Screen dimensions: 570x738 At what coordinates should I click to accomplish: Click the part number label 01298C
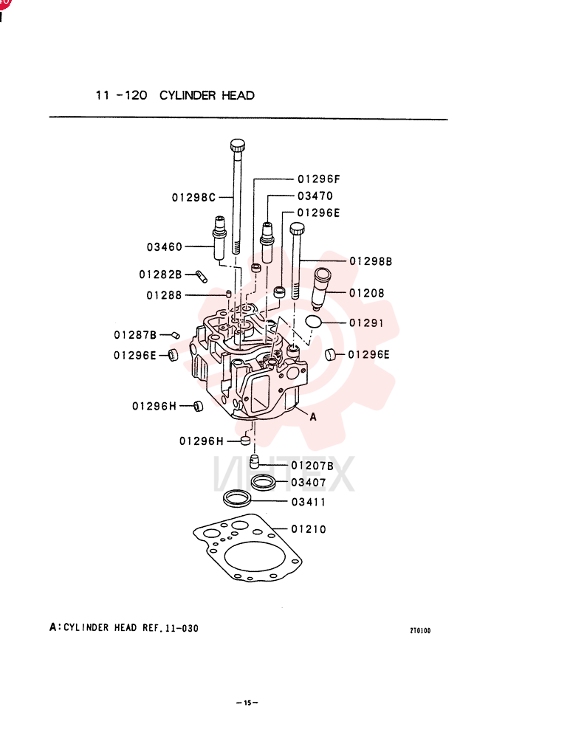[x=193, y=198]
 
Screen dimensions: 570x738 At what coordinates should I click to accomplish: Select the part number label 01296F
[x=319, y=179]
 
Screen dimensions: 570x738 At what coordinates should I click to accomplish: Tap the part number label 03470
[x=315, y=196]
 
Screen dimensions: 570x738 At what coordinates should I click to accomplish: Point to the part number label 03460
[x=165, y=246]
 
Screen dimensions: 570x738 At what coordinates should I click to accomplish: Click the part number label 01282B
[x=161, y=274]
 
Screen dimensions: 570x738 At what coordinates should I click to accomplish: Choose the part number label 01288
[x=164, y=295]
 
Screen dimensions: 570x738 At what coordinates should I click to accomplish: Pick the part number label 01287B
[x=135, y=334]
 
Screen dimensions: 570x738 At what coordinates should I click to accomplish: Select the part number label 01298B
[x=371, y=261]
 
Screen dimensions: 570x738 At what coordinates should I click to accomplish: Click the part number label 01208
[x=367, y=293]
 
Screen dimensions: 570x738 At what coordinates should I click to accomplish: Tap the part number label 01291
[x=366, y=323]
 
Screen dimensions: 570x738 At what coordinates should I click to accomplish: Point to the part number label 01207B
[x=312, y=466]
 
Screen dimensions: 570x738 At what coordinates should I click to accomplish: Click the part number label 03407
[x=309, y=483]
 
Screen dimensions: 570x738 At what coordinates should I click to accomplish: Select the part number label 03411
[x=309, y=502]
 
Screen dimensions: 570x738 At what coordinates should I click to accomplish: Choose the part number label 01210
[x=309, y=529]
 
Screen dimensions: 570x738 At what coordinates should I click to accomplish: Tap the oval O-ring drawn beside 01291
[x=313, y=322]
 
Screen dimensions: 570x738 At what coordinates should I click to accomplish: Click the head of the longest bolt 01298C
[x=238, y=145]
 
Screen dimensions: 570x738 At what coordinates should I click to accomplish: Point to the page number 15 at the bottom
[x=247, y=703]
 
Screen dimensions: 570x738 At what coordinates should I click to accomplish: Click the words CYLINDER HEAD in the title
[x=207, y=95]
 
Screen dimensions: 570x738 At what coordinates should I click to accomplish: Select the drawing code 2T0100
[x=420, y=631]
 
